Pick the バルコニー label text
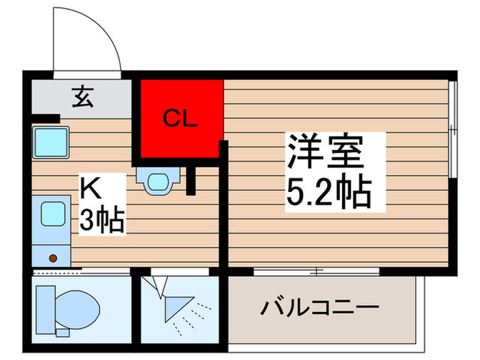pos(319,307)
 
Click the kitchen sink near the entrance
pos(49,143)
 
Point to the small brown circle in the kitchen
pos(53,259)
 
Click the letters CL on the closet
pos(180,119)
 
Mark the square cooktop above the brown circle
pos(52,215)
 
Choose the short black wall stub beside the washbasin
pos(191,179)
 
